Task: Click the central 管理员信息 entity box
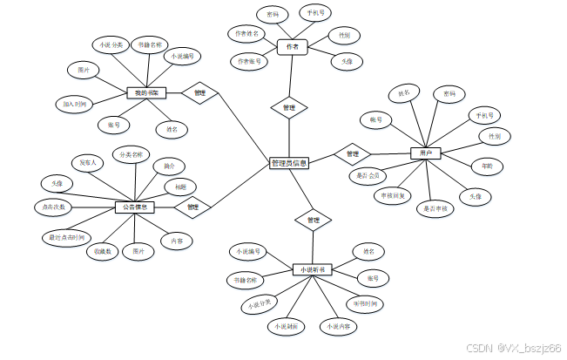coord(288,163)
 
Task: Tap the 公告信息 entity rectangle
coord(135,207)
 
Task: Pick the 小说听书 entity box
coord(312,269)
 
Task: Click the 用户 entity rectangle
coord(426,153)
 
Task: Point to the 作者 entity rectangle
coord(293,47)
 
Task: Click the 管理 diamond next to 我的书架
coord(199,92)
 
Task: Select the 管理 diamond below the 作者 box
coord(289,108)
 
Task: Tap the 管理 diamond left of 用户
coord(353,153)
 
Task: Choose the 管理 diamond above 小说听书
coord(313,221)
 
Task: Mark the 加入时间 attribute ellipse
coord(74,104)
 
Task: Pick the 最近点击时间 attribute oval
coord(65,236)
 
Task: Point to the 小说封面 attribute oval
coord(286,326)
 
